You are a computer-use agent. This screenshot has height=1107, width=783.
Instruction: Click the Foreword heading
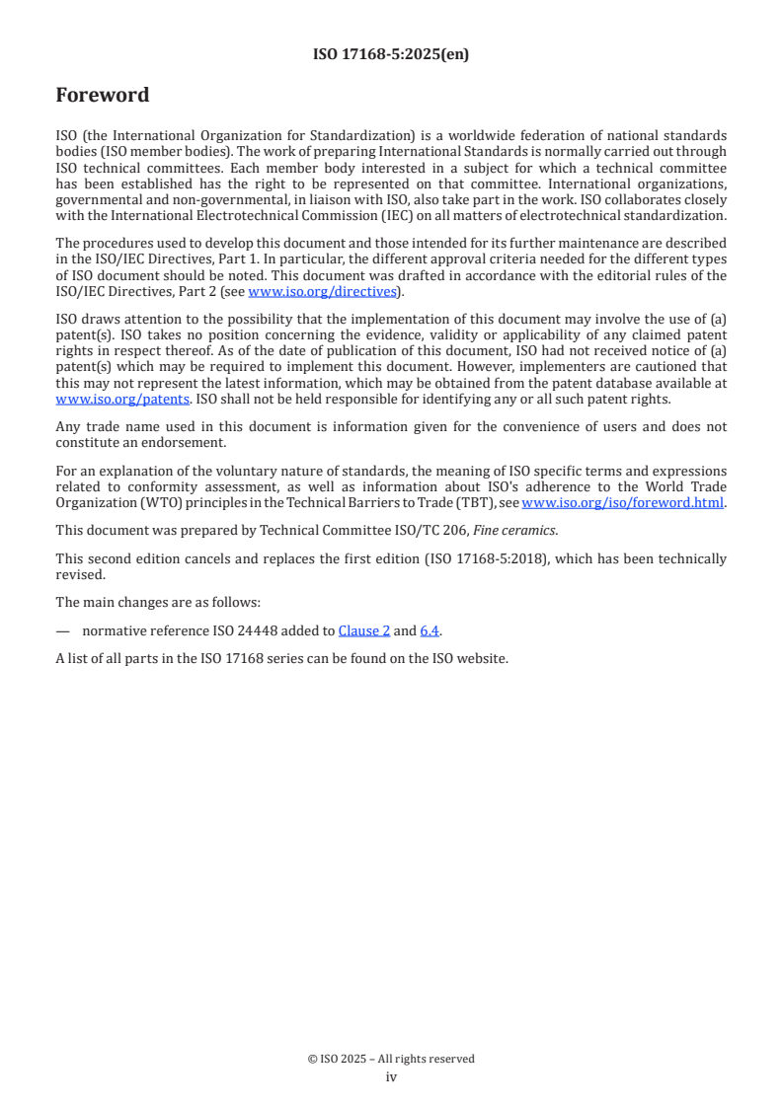click(103, 96)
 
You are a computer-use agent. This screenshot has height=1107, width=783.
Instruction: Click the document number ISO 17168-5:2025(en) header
click(391, 55)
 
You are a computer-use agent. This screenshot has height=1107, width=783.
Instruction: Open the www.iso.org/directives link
click(322, 291)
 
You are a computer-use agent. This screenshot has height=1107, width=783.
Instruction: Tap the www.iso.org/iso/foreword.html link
click(622, 502)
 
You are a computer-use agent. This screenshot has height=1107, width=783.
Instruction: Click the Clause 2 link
click(364, 630)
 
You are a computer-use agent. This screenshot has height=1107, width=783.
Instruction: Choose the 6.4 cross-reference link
click(431, 630)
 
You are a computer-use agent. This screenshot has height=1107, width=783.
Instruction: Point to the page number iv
click(391, 1076)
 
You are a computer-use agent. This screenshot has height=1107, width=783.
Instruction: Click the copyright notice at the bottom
click(391, 1059)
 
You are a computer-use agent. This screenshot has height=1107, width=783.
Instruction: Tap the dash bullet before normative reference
click(63, 630)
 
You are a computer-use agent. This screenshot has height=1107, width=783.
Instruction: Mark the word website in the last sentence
click(483, 658)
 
